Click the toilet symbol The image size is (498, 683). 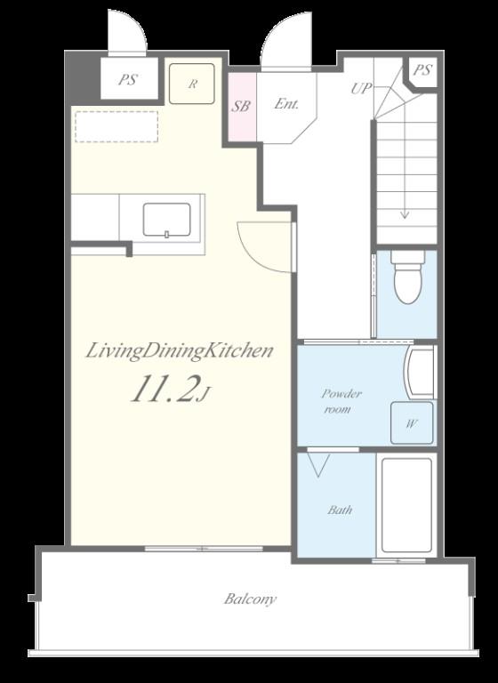pyautogui.click(x=407, y=277)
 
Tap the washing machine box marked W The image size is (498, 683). pyautogui.click(x=412, y=422)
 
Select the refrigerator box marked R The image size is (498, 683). pyautogui.click(x=192, y=84)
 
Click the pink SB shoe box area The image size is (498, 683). pyautogui.click(x=242, y=107)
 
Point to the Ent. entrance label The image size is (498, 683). pyautogui.click(x=286, y=104)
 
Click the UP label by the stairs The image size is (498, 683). pyautogui.click(x=361, y=89)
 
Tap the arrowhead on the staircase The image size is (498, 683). pyautogui.click(x=405, y=214)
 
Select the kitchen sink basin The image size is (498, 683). pyautogui.click(x=167, y=220)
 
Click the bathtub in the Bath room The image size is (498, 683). pyautogui.click(x=407, y=505)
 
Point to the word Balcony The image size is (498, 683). pyautogui.click(x=250, y=599)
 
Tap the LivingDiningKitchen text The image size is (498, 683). pyautogui.click(x=179, y=351)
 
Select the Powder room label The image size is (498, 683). pyautogui.click(x=341, y=401)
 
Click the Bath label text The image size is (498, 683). pyautogui.click(x=340, y=510)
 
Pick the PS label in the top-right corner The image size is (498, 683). pyautogui.click(x=422, y=70)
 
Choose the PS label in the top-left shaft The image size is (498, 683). pyautogui.click(x=128, y=80)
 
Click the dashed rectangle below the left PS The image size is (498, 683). pyautogui.click(x=116, y=126)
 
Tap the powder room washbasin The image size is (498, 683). pyautogui.click(x=420, y=372)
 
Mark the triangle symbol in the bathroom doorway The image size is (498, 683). pyautogui.click(x=318, y=465)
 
